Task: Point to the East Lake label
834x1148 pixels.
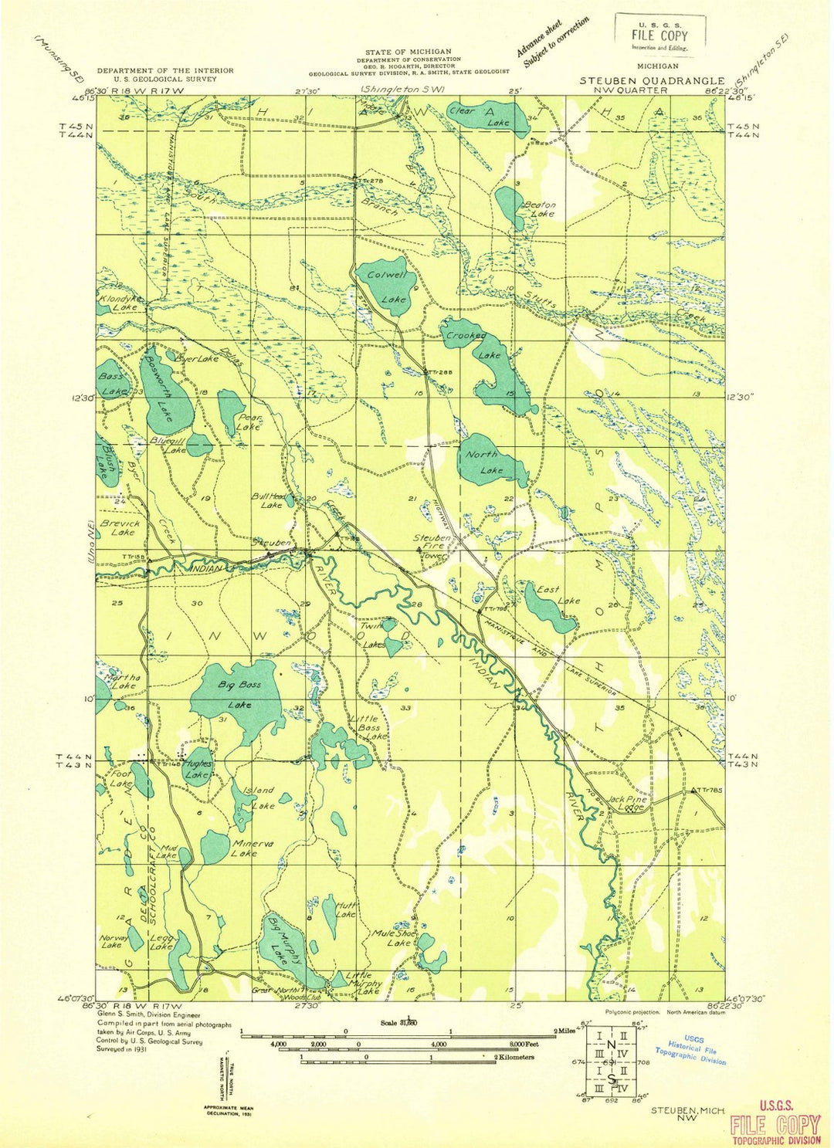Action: click(x=558, y=594)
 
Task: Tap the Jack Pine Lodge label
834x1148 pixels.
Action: click(x=626, y=804)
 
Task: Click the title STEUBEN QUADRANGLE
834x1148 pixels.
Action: click(x=652, y=80)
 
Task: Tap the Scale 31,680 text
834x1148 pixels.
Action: click(x=398, y=1023)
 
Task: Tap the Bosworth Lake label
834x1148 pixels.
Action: click(x=161, y=393)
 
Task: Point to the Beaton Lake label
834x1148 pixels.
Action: click(x=540, y=209)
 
